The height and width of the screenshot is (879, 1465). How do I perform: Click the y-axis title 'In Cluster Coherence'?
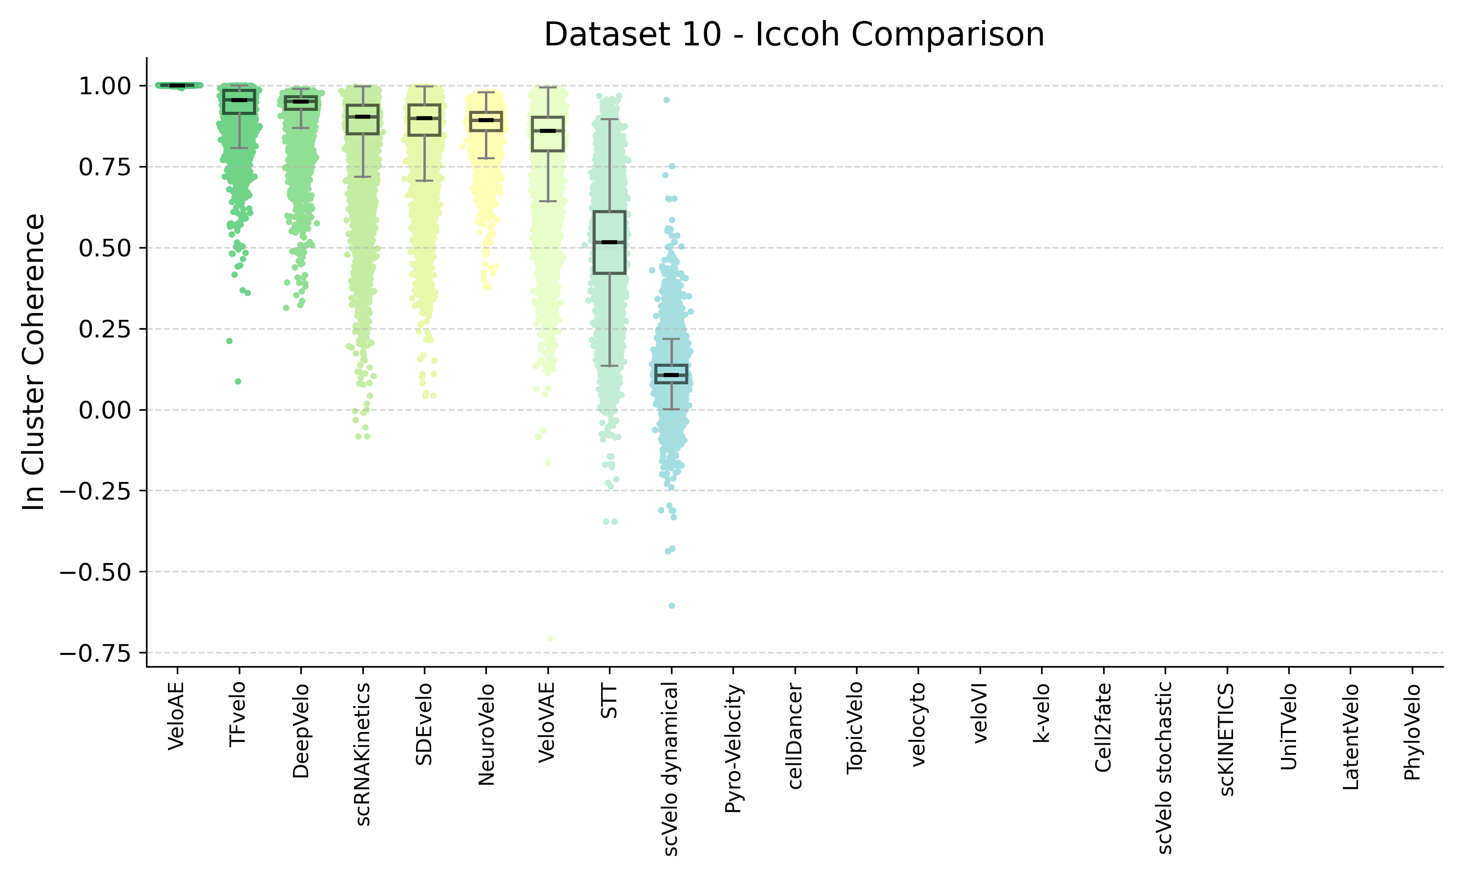(x=34, y=361)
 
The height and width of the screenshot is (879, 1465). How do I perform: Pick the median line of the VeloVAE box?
(x=548, y=130)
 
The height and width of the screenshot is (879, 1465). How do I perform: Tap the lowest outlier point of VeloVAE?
(x=551, y=639)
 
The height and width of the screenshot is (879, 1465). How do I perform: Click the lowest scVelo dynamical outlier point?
(x=671, y=606)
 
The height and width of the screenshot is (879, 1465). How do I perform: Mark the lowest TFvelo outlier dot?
(x=238, y=381)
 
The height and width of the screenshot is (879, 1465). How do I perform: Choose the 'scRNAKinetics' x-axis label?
(x=363, y=754)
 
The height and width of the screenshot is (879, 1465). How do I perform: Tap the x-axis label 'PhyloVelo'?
(x=1412, y=732)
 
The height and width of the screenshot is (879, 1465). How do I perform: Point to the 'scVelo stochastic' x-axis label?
(x=1164, y=768)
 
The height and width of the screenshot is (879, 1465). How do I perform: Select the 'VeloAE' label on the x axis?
(x=176, y=716)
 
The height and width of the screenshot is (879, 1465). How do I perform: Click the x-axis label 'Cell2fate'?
(x=1103, y=727)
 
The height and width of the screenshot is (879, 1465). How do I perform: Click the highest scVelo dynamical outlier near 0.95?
(x=666, y=100)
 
